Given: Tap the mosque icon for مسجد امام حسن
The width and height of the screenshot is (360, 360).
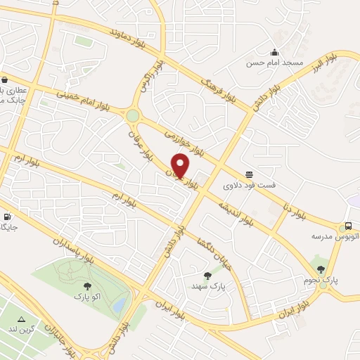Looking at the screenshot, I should coord(274,52).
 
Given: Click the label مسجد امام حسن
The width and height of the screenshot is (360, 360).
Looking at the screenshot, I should coord(274,63).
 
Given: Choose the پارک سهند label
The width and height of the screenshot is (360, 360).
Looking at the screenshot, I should coord(207,287).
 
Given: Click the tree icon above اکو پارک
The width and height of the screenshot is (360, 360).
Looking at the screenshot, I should coord(87,286).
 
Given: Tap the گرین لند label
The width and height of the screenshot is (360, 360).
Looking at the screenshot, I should coord(22,329).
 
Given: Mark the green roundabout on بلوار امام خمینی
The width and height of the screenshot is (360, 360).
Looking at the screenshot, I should coord(132,115).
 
